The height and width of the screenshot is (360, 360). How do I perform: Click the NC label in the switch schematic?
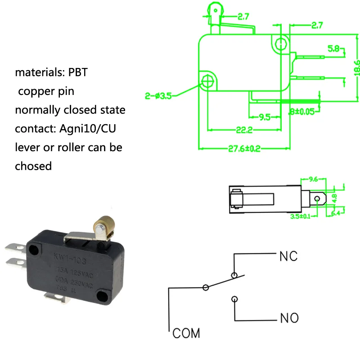click(x=288, y=256)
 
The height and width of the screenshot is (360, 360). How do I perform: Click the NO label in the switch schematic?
click(x=289, y=319)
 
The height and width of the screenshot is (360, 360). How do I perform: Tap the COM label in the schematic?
click(x=186, y=333)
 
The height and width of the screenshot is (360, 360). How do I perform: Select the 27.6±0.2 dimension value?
click(x=244, y=149)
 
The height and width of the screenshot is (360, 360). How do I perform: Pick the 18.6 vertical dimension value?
click(x=356, y=67)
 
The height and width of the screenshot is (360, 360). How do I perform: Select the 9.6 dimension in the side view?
click(x=313, y=179)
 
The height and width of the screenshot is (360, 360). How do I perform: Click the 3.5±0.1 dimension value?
click(x=301, y=216)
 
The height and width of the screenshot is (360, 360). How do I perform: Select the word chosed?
click(x=33, y=166)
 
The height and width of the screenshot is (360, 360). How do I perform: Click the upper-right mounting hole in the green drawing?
click(x=281, y=44)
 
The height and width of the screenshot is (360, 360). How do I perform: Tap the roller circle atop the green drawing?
click(x=215, y=7)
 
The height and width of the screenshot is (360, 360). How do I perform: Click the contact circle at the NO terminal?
click(x=234, y=299)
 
